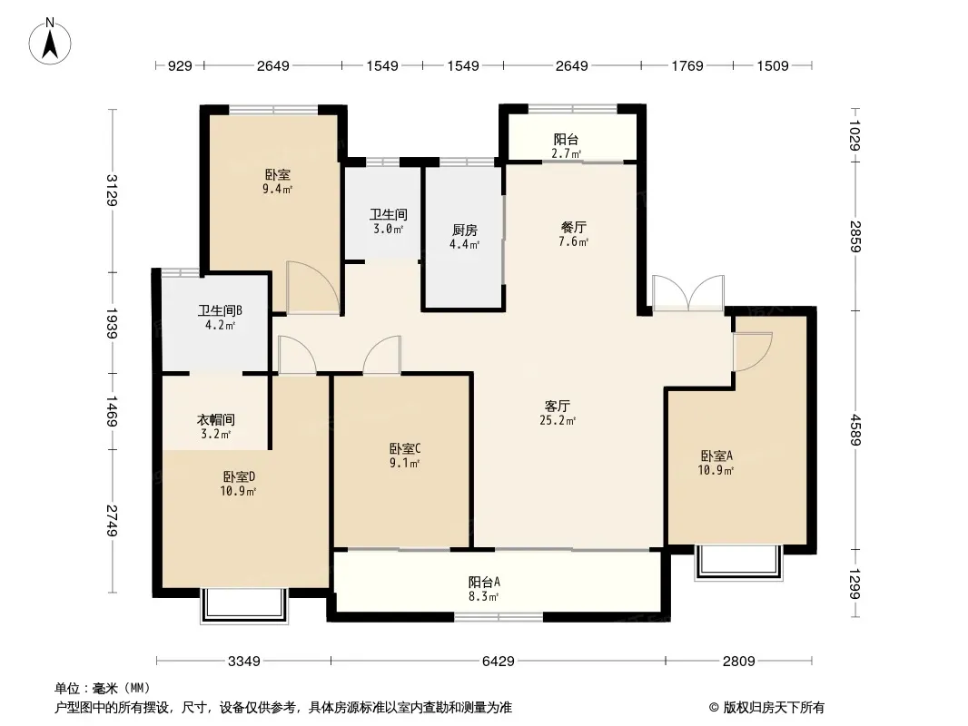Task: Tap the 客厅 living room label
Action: tap(569, 406)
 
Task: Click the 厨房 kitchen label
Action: tap(465, 230)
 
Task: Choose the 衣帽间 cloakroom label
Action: tap(216, 420)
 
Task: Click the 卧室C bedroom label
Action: tap(404, 448)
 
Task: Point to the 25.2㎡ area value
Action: tap(569, 420)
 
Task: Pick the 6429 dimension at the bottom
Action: tap(498, 661)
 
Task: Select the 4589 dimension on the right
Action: tap(856, 427)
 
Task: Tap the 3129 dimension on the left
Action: tap(112, 191)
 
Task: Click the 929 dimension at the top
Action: tap(180, 65)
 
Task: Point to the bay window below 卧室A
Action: tap(737, 562)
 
